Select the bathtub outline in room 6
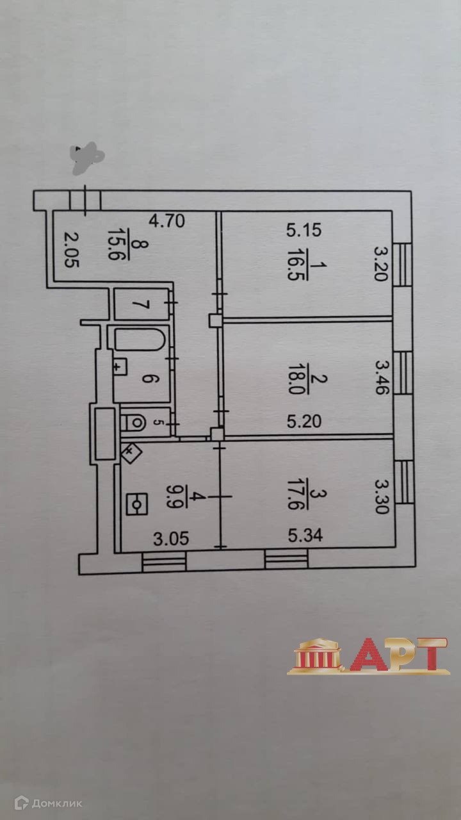pyautogui.click(x=142, y=339)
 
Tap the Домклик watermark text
pyautogui.click(x=57, y=803)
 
